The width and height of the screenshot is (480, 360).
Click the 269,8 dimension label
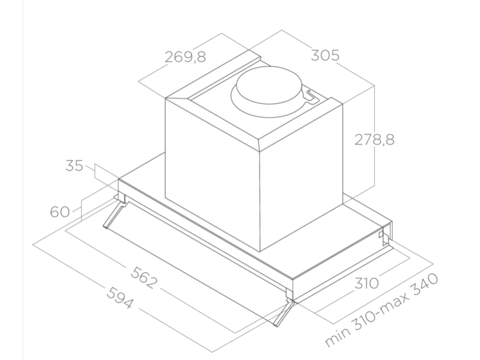point(185,57)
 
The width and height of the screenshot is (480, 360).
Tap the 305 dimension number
point(325,55)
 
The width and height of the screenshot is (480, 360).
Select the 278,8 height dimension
point(375,140)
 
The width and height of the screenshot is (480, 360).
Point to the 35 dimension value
point(74,165)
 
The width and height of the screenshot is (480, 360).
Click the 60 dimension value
point(60,212)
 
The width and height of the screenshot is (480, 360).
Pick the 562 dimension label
point(144,277)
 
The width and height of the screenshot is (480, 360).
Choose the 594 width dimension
point(120,298)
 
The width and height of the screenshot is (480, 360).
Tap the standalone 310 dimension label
point(367,283)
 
